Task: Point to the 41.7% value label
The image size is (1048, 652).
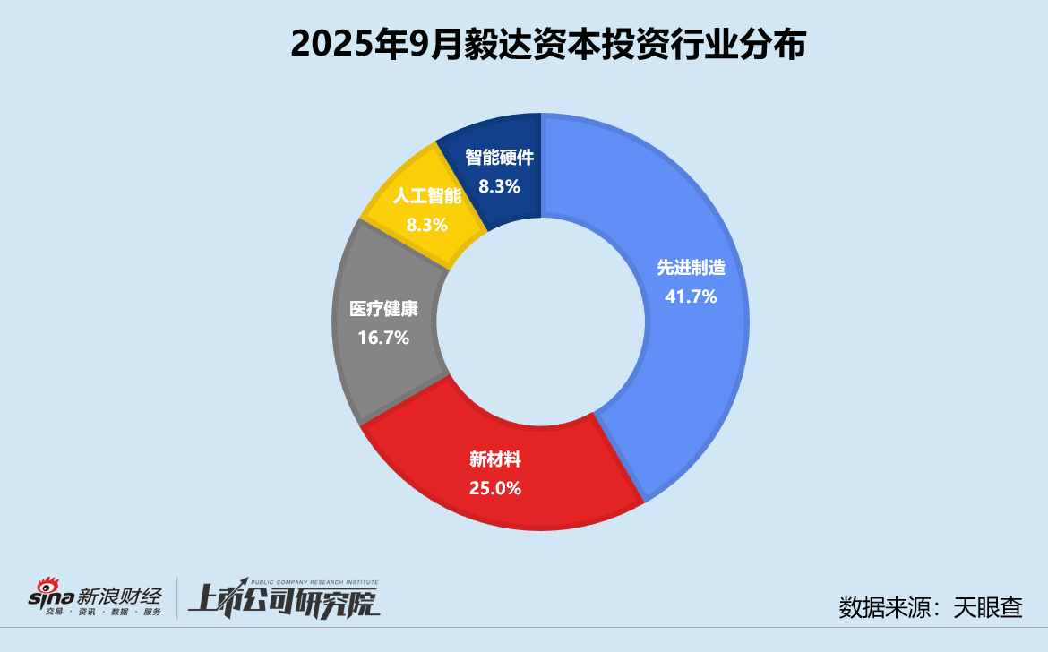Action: point(691,296)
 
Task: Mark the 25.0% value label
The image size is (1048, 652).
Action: point(495,489)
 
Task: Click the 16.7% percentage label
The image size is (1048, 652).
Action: point(383,338)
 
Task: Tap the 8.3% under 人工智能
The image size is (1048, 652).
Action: point(426,225)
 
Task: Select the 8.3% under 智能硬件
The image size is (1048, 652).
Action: point(500,187)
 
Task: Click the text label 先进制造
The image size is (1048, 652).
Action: point(691,268)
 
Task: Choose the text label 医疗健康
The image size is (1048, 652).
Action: point(383,310)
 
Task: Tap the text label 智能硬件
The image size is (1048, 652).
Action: point(500,159)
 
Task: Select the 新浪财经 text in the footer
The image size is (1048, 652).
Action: point(120,594)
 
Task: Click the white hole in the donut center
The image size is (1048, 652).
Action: point(540,322)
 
